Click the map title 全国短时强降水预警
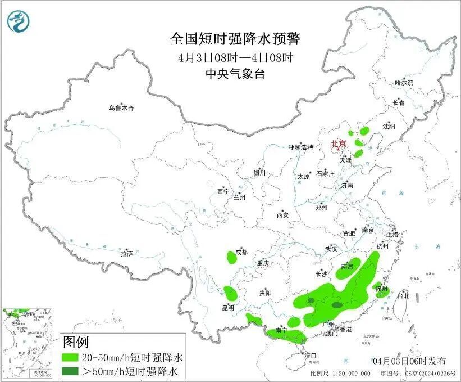pos(235,39)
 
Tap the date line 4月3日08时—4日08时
pos(235,57)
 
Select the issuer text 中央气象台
pos(235,74)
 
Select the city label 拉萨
pos(126,254)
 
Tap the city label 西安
pos(282,215)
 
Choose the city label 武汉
pos(331,249)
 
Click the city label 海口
pos(311,355)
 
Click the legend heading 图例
pos(75,341)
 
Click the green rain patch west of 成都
pos(231,258)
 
